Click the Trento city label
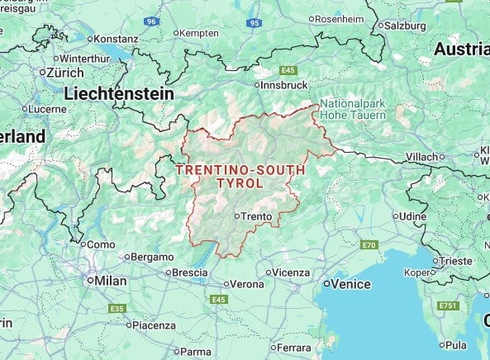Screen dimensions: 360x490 click(257, 216)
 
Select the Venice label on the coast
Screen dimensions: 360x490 click(351, 283)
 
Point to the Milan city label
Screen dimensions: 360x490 click(110, 281)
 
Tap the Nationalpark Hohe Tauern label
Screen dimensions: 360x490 click(353, 110)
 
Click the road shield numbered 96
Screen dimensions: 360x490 click(150, 21)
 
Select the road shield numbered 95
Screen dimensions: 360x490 click(254, 23)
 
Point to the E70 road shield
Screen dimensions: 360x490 click(369, 245)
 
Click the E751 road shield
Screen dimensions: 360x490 click(449, 306)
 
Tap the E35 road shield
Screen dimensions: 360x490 click(117, 308)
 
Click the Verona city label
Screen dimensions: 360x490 click(245, 284)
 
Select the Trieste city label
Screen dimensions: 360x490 click(455, 260)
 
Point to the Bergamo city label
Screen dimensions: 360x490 click(151, 257)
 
